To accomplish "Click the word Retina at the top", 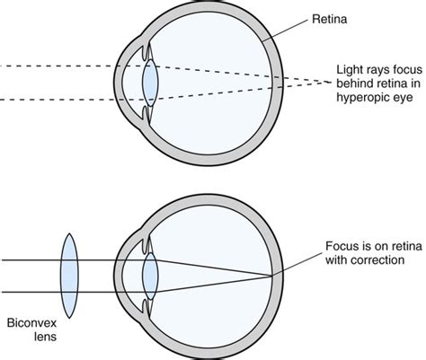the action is coord(330,19).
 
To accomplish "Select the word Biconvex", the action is coord(31,323).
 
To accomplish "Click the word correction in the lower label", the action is coord(378,260).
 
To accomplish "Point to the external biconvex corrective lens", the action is coord(69,276).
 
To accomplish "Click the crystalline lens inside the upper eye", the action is coord(150,83).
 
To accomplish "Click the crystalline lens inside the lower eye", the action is coord(150,276).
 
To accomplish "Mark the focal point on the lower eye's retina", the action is coord(272,276).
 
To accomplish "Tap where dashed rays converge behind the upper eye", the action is coord(330,82).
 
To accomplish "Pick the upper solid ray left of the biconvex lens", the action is coord(31,260).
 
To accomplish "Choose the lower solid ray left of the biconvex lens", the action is coord(31,292).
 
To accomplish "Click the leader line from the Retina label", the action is coord(285,31).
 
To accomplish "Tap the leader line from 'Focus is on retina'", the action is coord(297,264).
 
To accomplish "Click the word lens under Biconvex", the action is coord(45,337).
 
